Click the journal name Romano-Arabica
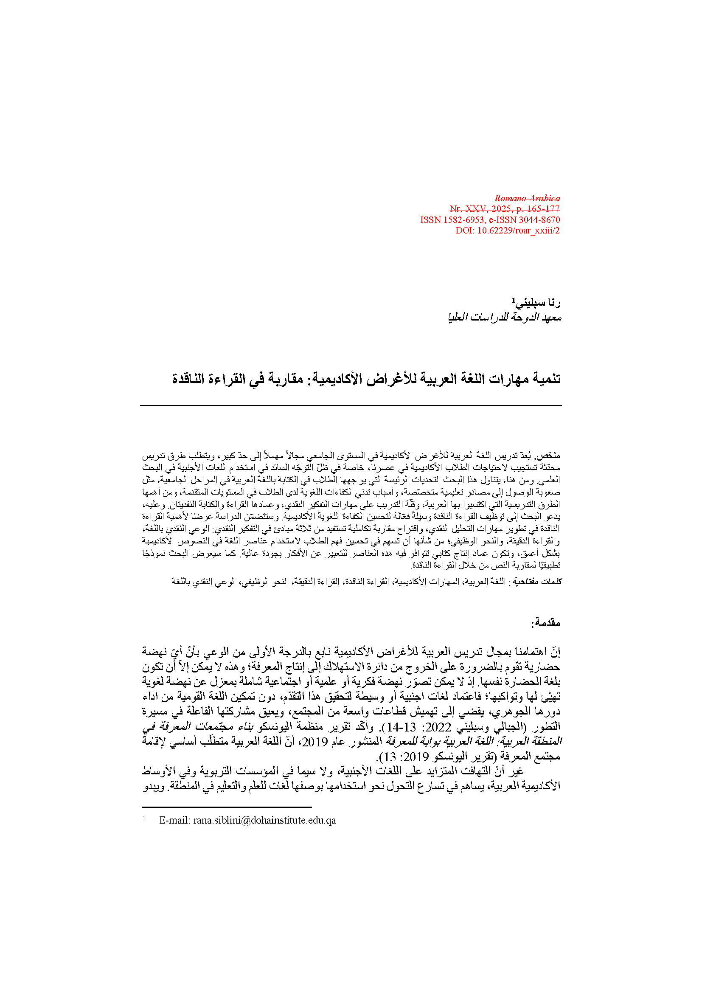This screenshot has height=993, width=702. click(x=527, y=199)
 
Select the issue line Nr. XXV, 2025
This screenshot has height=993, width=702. click(x=505, y=209)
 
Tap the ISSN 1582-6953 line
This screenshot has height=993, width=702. click(x=490, y=220)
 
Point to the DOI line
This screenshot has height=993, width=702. click(x=508, y=231)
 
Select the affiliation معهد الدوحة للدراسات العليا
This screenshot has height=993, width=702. click(x=505, y=318)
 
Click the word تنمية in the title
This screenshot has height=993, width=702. click(x=545, y=379)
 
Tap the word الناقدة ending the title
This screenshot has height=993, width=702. click(x=188, y=379)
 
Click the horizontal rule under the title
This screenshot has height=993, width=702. click(x=351, y=405)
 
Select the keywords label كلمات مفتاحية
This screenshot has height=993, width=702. click(x=536, y=582)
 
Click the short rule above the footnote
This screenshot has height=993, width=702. click(x=227, y=807)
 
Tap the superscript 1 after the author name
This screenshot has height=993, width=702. click(x=514, y=299)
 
